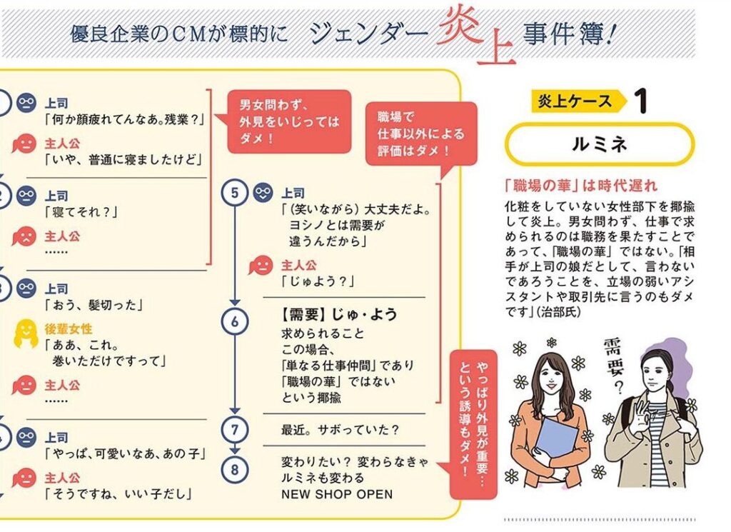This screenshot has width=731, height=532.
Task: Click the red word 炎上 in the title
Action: [476, 35]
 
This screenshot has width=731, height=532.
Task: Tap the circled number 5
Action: [234, 192]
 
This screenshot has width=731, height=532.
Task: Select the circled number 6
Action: [234, 321]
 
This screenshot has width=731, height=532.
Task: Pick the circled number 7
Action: [234, 429]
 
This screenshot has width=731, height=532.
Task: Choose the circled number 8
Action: [234, 469]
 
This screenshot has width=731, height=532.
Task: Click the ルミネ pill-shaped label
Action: [600, 144]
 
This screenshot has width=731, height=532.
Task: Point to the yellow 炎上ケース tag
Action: [579, 101]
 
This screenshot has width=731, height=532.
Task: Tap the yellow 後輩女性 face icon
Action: [26, 333]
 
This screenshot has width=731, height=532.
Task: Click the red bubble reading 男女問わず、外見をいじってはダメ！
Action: [289, 121]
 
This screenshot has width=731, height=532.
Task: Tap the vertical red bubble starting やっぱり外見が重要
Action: [473, 424]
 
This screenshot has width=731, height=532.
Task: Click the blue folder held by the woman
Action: [556, 438]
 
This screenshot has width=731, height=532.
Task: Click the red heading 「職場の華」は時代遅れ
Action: [581, 186]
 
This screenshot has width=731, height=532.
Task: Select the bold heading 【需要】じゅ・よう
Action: [339, 315]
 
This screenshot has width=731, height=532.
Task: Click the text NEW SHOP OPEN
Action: [337, 494]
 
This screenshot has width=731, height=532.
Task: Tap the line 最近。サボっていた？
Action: [340, 430]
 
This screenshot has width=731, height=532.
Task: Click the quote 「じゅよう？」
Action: [318, 281]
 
